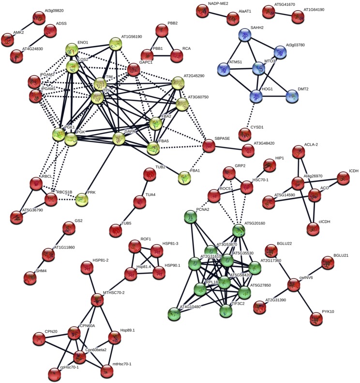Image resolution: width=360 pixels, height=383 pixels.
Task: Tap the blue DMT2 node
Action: point(292,95)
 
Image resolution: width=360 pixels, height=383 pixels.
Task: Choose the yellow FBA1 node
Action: point(184,177)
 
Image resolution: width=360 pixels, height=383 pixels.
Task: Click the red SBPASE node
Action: point(209,145)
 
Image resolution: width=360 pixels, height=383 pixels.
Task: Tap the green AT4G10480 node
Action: point(175,313)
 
